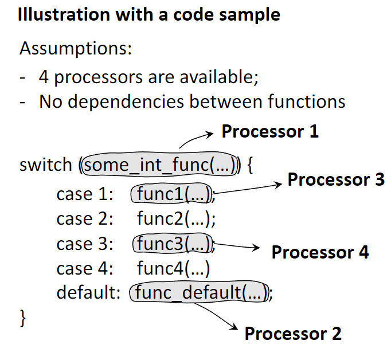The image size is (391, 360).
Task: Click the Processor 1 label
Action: click(x=270, y=132)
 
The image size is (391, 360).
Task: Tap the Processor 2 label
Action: click(x=293, y=334)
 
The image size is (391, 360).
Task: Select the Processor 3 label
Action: click(x=336, y=179)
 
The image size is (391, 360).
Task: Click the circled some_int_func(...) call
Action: click(x=161, y=166)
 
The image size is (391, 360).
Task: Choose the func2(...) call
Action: click(x=176, y=219)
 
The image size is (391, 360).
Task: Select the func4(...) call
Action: click(x=174, y=268)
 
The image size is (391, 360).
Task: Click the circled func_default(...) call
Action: click(x=200, y=293)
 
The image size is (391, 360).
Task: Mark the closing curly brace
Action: click(x=24, y=318)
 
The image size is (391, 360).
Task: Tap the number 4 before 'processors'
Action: click(x=44, y=76)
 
